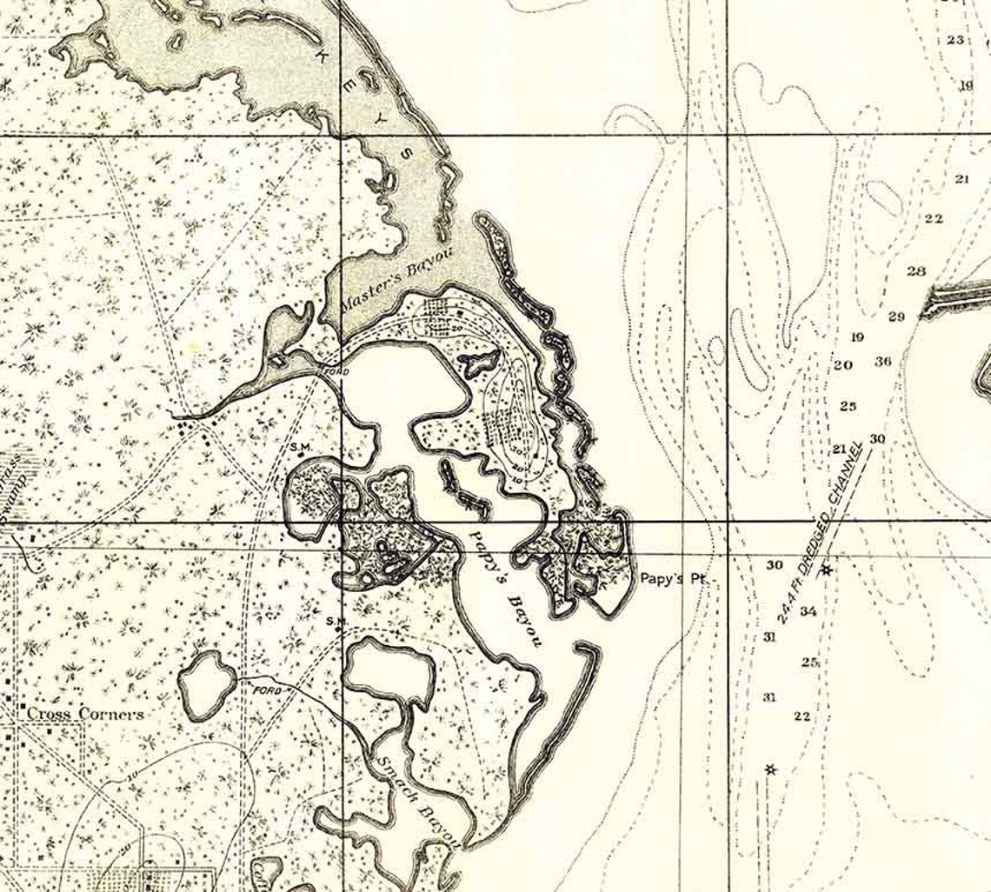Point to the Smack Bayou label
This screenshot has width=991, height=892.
[x=419, y=798]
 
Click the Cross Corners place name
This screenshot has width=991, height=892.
[x=84, y=714]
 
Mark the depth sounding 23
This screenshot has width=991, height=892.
[x=956, y=39]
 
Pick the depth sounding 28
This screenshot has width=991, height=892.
[x=916, y=270]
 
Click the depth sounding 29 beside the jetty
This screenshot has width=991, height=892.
[x=896, y=316]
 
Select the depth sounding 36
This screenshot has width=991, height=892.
[x=883, y=361]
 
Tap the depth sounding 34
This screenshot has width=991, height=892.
[x=808, y=611]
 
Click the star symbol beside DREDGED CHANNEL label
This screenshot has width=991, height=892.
[x=826, y=569]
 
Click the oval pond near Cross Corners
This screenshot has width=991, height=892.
[x=207, y=683]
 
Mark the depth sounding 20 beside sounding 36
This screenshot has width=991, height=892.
[x=842, y=365]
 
